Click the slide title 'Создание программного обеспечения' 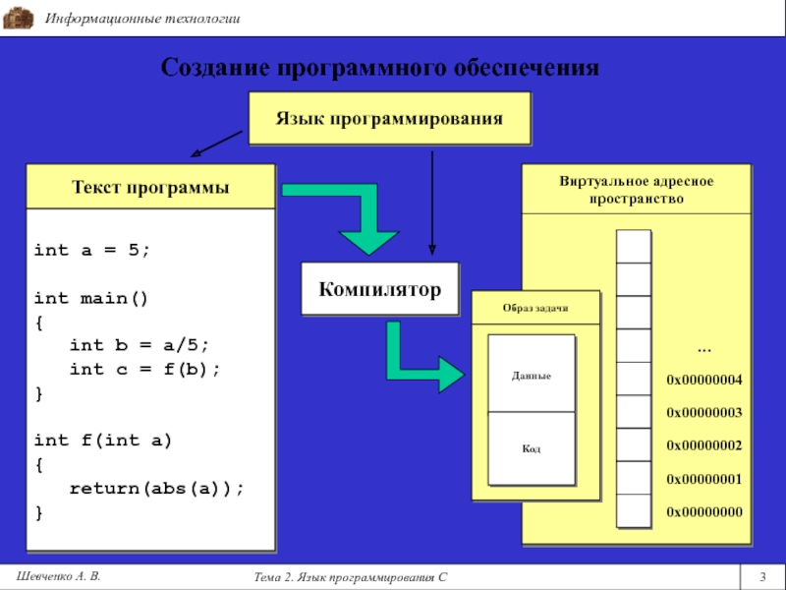379,68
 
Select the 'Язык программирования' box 389,118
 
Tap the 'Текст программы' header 150,187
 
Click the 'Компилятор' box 379,288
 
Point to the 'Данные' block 531,376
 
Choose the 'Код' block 531,448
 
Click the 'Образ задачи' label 535,308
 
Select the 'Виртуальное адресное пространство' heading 636,190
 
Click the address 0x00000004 704,380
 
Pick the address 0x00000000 704,512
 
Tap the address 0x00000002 704,445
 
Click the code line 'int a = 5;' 92,250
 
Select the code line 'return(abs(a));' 155,488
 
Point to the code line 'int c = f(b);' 144,369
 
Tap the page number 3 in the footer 762,574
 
